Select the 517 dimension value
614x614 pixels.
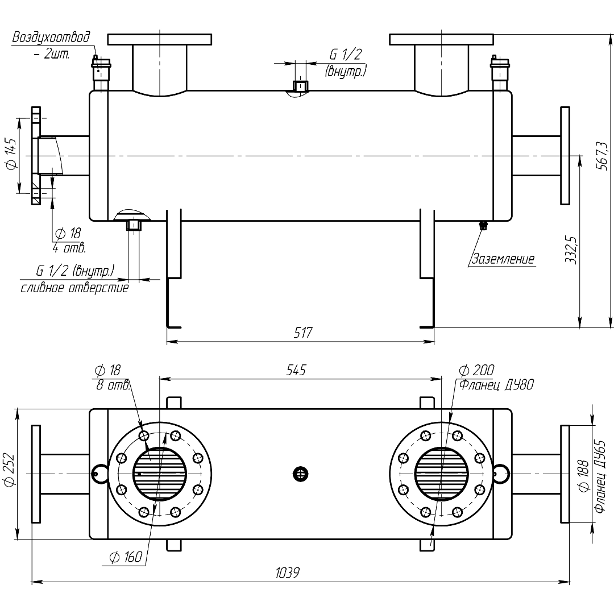302,333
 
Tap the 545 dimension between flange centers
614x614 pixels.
296,370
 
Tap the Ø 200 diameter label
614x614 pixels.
476,371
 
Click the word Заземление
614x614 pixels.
503,259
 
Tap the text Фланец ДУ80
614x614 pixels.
496,385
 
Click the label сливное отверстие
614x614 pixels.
74,288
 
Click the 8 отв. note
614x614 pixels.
113,385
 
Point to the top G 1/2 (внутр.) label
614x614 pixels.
346,63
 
